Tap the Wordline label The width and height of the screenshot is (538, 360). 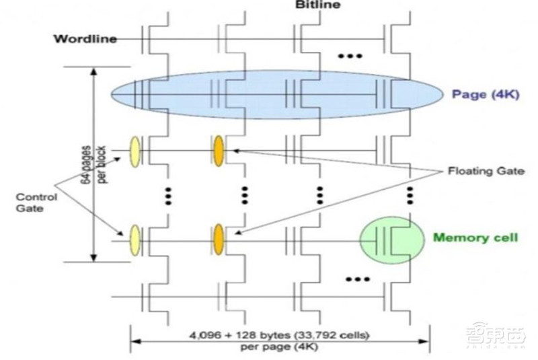pyautogui.click(x=85, y=38)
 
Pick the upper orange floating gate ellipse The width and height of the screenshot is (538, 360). pyautogui.click(x=219, y=149)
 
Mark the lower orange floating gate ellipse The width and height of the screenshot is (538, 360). pyautogui.click(x=219, y=239)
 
